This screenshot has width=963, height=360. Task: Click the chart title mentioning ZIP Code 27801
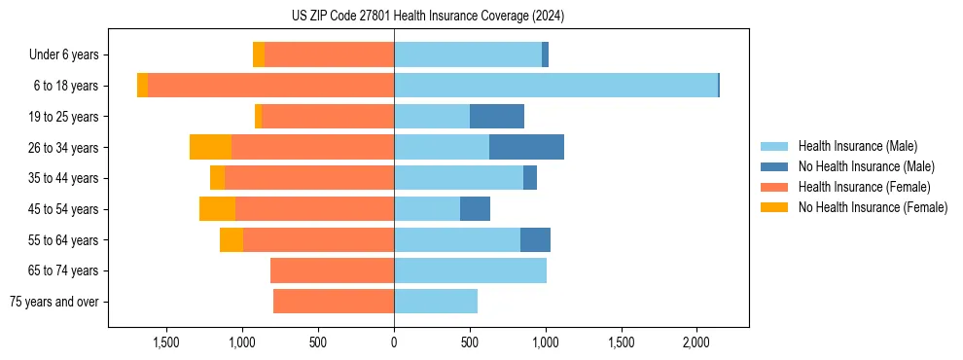pos(427,17)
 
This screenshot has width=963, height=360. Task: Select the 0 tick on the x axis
pos(394,342)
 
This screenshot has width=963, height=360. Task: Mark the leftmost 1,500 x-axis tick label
pos(166,342)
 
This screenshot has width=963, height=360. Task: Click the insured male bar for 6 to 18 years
pos(555,86)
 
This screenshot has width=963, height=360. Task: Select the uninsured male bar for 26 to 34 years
pos(526,147)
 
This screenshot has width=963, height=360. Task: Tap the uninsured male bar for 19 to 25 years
pos(496,117)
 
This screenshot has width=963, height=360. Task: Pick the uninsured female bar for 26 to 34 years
pos(210,147)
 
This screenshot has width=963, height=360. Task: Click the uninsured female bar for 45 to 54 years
pos(217,209)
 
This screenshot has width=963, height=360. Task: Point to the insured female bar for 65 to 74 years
pos(332,270)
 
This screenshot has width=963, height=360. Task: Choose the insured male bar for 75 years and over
pos(436,302)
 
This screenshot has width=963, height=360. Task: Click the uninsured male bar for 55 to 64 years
pos(535,239)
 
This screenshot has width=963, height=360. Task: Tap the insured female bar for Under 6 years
pos(329,55)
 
